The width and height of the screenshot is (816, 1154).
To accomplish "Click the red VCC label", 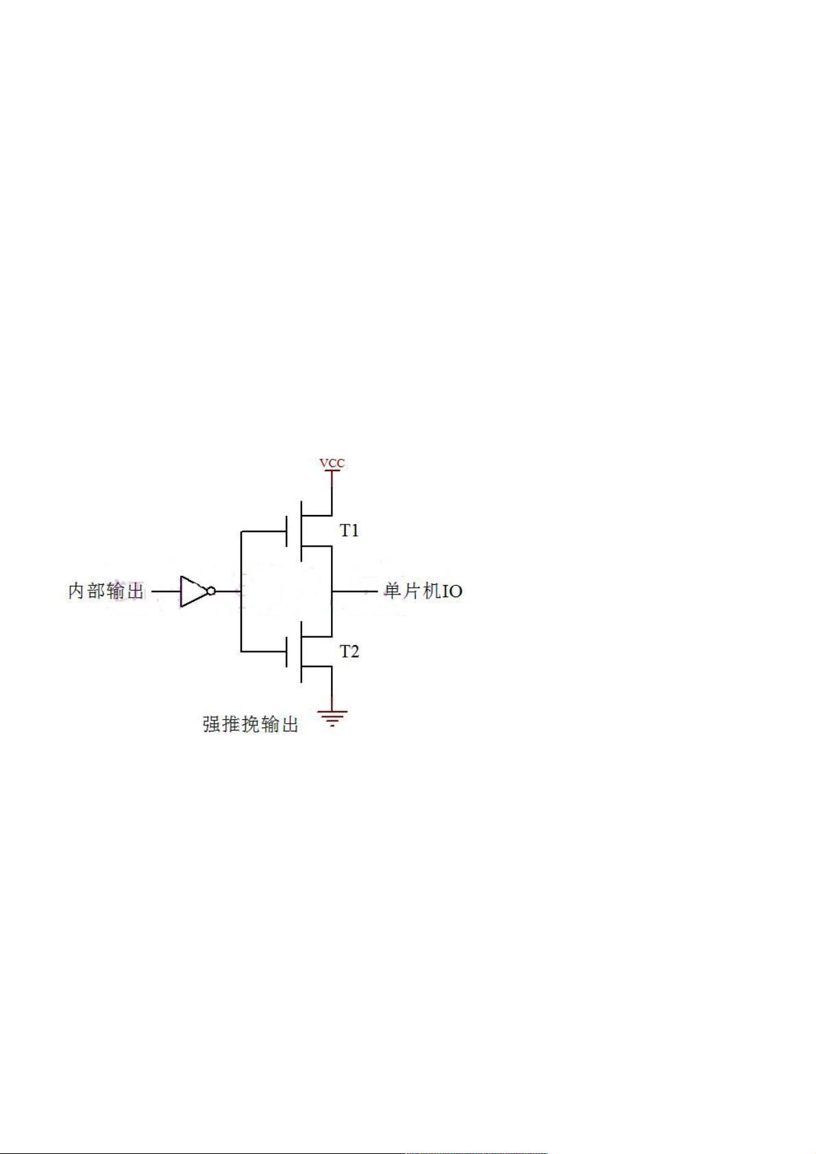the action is (332, 463).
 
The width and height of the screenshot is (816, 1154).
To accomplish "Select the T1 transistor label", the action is (349, 531).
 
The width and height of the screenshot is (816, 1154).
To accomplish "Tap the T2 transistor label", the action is (349, 652).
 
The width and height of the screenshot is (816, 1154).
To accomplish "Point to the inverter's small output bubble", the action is (211, 592).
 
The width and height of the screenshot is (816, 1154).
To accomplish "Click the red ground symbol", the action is (332, 718).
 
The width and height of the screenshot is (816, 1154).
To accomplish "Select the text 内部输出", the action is (106, 591).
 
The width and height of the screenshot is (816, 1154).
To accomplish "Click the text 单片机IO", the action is (423, 591).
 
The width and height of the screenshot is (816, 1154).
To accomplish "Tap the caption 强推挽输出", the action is (251, 725).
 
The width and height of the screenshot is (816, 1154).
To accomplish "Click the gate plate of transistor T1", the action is (286, 531).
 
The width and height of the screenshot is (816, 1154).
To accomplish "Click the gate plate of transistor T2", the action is (286, 652).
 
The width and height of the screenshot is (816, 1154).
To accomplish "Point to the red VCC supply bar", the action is (332, 471).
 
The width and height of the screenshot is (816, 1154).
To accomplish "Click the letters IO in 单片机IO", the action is (452, 592).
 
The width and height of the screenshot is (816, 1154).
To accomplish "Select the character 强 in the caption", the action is (212, 725).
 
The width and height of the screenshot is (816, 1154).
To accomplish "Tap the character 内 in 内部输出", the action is (77, 591).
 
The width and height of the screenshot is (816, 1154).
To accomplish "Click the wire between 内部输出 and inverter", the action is (166, 592).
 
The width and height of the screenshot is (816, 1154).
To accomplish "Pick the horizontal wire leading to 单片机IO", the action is (355, 592).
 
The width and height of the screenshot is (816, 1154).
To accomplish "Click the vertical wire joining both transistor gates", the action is (241, 592).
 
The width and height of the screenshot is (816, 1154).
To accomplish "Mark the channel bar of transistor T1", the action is (301, 531).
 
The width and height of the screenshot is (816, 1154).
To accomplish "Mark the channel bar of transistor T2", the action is (301, 652).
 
